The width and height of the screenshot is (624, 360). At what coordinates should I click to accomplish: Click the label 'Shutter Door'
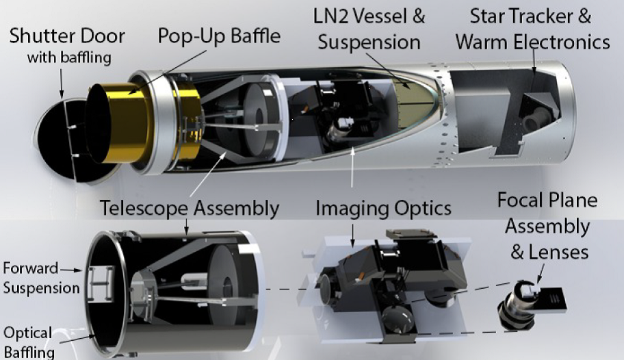pos(67,36)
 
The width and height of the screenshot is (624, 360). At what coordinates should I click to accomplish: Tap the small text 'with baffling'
pos(69,57)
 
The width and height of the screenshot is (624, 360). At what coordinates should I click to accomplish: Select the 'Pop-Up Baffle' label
pos(219,36)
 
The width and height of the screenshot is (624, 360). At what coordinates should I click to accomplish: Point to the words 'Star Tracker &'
pos(530,16)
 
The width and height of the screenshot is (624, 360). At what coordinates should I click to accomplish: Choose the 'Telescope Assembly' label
pos(190,208)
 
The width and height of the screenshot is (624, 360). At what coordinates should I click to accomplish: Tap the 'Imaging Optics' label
pos(383,208)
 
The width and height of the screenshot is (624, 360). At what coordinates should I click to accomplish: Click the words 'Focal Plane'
pos(547,200)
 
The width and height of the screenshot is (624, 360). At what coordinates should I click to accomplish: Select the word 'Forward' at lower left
pos(31,268)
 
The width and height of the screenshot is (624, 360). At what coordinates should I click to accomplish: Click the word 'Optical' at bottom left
pos(28,333)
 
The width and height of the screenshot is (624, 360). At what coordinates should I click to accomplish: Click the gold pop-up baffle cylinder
pos(119,123)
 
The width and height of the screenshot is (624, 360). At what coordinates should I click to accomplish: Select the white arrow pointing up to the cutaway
pos(352,166)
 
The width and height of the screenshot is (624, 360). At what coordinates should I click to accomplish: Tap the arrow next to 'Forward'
pos(72,270)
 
